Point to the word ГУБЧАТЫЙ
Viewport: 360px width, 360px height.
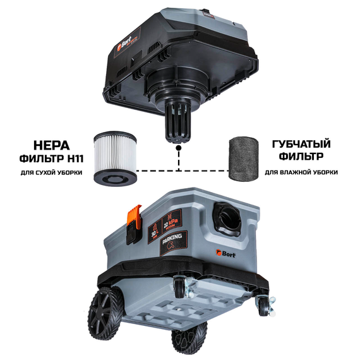pos(301,145)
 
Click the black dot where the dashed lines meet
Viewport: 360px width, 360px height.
pos(179,150)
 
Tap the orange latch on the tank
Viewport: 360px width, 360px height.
pos(134,219)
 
